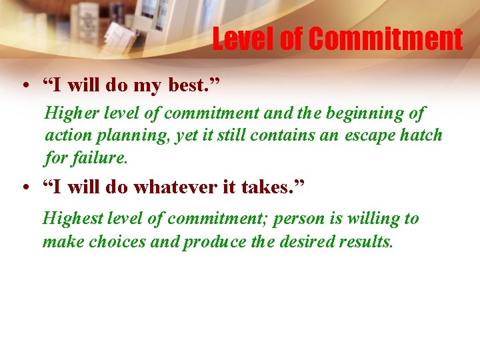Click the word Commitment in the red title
(x=386, y=39)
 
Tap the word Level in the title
(x=244, y=39)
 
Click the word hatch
(x=420, y=135)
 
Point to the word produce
(x=215, y=241)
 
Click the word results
(x=367, y=241)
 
